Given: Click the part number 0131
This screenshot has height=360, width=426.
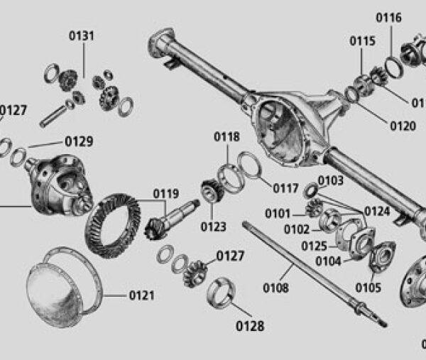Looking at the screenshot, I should (82, 36).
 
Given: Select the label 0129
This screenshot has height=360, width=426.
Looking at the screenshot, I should (79, 141).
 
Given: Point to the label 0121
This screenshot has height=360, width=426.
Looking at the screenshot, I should (142, 295).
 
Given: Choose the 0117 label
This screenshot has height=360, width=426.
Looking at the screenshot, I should (287, 188).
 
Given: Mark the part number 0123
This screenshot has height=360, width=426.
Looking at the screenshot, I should (213, 227).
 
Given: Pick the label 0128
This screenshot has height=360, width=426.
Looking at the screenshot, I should (249, 326).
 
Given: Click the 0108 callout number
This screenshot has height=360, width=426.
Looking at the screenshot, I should (276, 288).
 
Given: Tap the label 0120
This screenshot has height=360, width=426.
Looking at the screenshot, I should (403, 126).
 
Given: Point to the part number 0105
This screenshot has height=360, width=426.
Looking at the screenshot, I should (368, 288).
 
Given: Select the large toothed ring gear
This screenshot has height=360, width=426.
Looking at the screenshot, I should (114, 224).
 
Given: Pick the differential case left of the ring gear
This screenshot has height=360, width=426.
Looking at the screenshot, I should (57, 185).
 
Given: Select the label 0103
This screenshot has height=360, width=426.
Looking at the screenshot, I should (330, 180).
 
